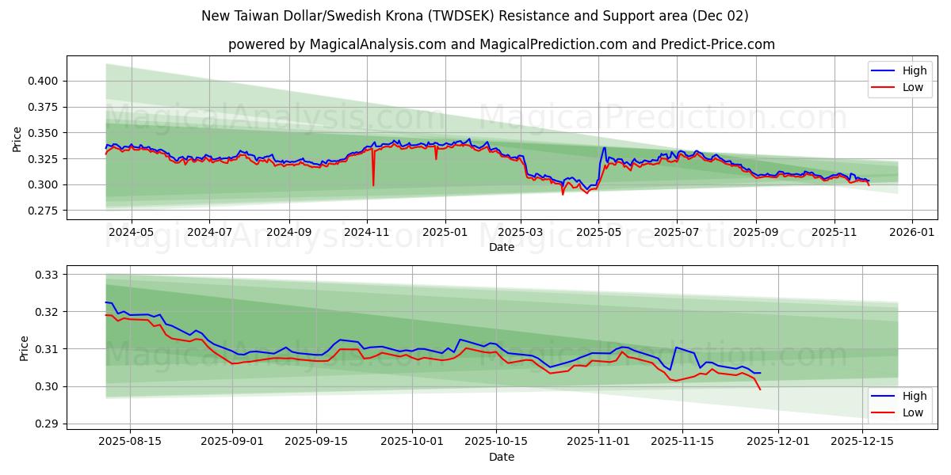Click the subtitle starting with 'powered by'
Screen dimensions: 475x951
click(x=501, y=44)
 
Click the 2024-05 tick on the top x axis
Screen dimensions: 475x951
click(x=131, y=232)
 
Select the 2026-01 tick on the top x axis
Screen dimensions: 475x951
click(x=912, y=232)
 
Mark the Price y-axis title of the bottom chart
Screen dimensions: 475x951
click(x=23, y=348)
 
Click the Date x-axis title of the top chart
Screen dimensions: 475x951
click(x=501, y=247)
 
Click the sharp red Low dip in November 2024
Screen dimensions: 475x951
click(x=373, y=185)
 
